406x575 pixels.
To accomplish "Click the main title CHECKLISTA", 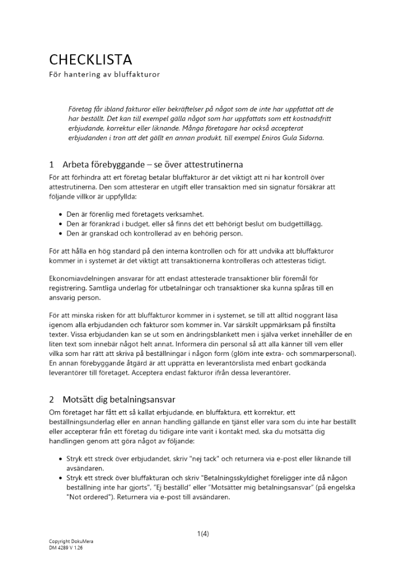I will pyautogui.click(x=90, y=59).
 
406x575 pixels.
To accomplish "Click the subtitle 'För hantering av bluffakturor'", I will pyautogui.click(x=104, y=75).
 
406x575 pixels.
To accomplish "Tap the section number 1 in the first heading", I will pyautogui.click(x=52, y=164).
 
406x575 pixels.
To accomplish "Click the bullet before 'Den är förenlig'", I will pyautogui.click(x=61, y=214).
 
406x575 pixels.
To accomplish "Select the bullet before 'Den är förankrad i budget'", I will pyautogui.click(x=61, y=224).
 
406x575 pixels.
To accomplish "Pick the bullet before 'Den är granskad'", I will pyautogui.click(x=61, y=233).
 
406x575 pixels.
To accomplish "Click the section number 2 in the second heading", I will pyautogui.click(x=52, y=399).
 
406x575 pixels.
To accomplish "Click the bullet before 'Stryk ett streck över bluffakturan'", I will pyautogui.click(x=61, y=478).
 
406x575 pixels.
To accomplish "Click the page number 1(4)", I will pyautogui.click(x=203, y=534).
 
